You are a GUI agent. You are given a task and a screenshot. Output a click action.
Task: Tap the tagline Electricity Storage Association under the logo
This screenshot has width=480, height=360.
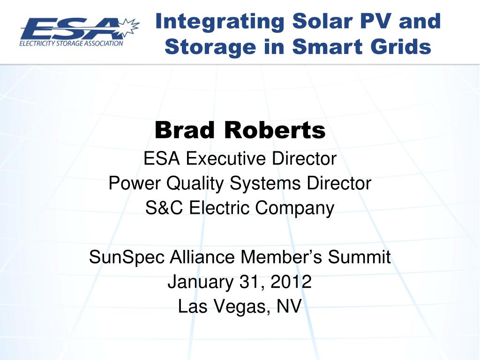click(x=71, y=44)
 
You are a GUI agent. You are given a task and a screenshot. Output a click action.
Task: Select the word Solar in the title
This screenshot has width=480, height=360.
click(x=322, y=21)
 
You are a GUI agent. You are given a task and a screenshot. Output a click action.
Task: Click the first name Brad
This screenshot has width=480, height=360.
click(x=185, y=130)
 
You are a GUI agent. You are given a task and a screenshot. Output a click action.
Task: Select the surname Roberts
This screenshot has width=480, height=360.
click(x=275, y=130)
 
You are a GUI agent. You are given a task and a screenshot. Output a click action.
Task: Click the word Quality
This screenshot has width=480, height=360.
click(x=195, y=184)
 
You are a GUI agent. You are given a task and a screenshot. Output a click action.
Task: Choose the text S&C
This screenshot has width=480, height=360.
click(x=164, y=208)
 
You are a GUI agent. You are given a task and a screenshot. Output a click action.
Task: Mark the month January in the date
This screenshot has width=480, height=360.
click(x=201, y=282)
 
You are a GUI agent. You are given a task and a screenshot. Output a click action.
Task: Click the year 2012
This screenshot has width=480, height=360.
click(x=291, y=281)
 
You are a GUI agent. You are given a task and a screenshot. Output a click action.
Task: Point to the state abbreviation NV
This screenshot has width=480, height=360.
click(x=289, y=306)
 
